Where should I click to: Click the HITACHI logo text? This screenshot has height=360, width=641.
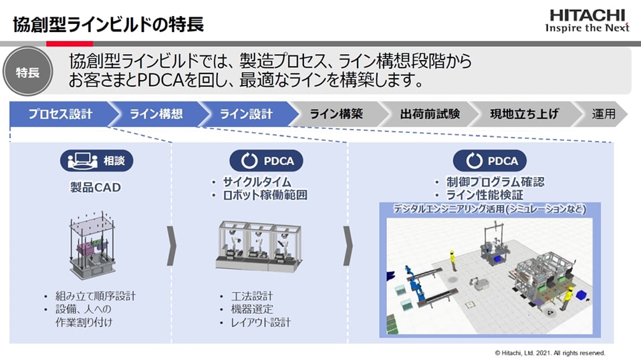(588, 15)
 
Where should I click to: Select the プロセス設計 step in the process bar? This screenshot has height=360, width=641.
(60, 114)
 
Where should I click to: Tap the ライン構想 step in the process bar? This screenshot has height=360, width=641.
(156, 114)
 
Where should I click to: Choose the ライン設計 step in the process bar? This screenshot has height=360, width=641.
(246, 114)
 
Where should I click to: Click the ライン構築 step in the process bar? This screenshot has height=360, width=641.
(336, 114)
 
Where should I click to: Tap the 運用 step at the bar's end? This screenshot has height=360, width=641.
(602, 114)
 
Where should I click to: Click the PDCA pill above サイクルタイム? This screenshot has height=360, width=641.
(266, 161)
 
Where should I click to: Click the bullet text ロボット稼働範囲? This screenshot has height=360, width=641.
(265, 196)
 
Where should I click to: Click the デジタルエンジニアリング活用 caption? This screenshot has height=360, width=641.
(489, 209)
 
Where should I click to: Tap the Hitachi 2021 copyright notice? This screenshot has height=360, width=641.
(550, 352)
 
